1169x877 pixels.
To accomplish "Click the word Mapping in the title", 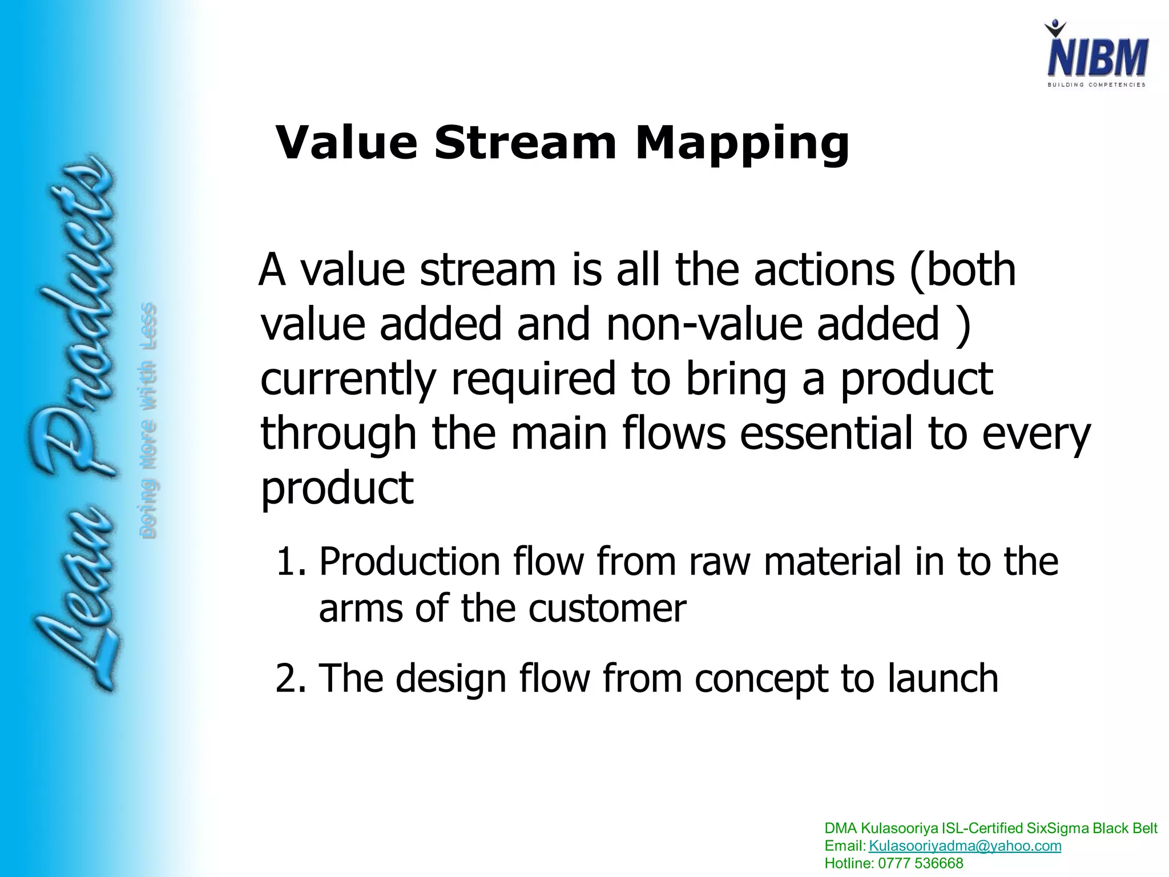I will pyautogui.click(x=742, y=143).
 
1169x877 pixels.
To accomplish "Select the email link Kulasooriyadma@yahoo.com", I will pyautogui.click(x=965, y=846).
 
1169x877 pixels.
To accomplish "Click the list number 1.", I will pyautogui.click(x=291, y=562).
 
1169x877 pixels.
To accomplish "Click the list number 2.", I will pyautogui.click(x=291, y=678).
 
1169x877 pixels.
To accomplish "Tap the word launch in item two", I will pyautogui.click(x=942, y=678).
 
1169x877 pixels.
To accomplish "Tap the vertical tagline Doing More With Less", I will pyautogui.click(x=148, y=420).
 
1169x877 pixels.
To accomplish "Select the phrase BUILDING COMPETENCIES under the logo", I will pyautogui.click(x=1096, y=85).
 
